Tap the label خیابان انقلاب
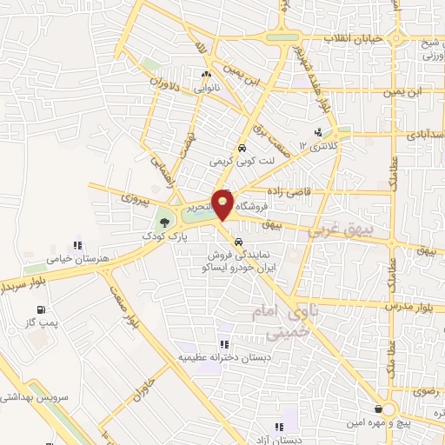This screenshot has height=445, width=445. click(x=353, y=40)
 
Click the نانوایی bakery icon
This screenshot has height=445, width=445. click(x=205, y=75)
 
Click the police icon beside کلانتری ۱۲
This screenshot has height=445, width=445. click(x=320, y=133)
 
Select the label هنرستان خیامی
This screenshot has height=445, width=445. click(x=77, y=258)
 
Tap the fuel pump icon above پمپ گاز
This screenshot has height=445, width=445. click(x=42, y=309)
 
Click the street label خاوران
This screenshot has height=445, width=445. click(x=150, y=382)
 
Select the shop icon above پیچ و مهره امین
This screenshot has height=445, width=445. click(x=377, y=409)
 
